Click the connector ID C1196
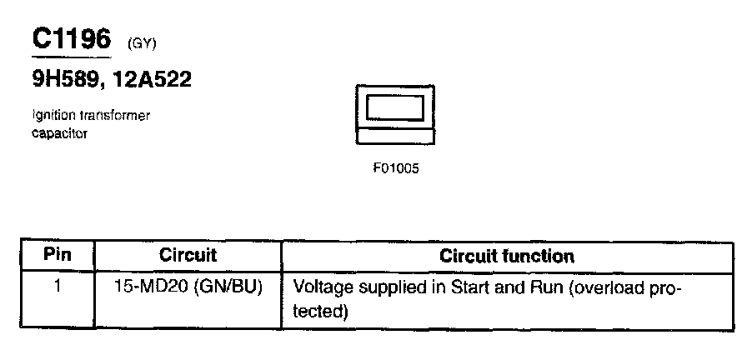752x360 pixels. [x=71, y=38]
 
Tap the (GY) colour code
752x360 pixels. [x=142, y=42]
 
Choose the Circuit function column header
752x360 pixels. [x=506, y=256]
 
